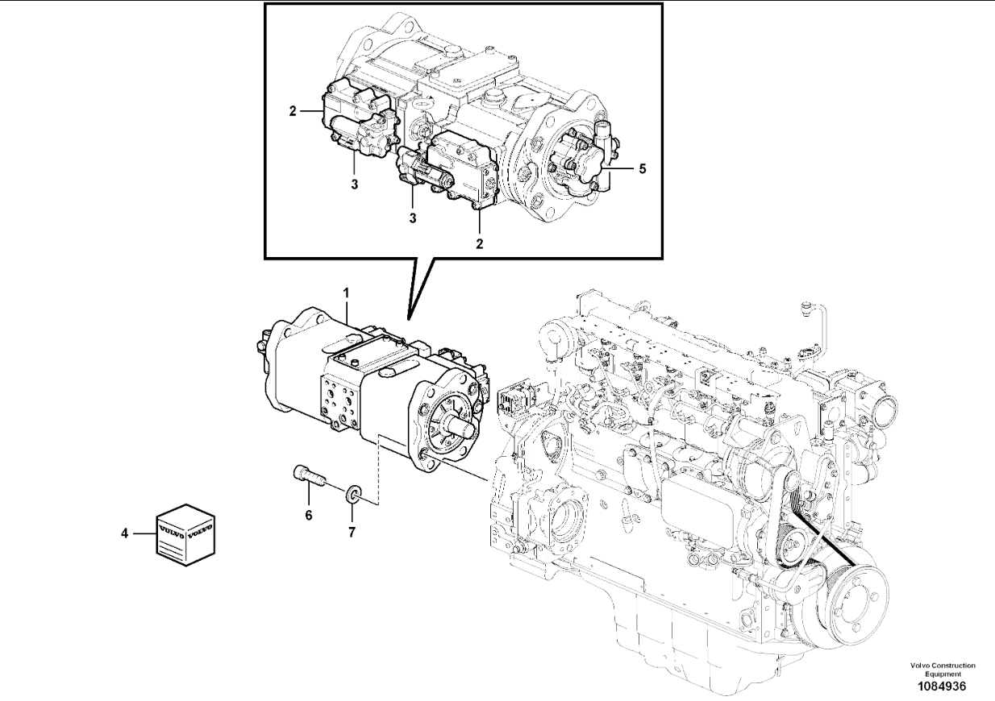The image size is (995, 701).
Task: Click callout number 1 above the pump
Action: [346, 293]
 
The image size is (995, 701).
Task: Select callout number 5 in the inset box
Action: [643, 168]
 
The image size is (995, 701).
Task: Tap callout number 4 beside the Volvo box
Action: [124, 533]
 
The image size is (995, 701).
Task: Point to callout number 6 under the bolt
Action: [308, 516]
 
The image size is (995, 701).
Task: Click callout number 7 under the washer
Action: [352, 533]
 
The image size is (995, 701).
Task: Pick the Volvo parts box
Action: [185, 535]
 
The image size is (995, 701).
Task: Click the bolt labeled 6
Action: [309, 474]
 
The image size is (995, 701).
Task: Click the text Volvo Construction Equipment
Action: [943, 669]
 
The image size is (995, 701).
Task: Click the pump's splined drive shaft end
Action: [464, 429]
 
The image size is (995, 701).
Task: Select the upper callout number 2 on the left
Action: [292, 111]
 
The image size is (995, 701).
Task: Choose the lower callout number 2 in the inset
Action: [479, 243]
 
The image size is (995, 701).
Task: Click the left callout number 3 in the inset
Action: [354, 185]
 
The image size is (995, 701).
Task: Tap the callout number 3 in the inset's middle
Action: [413, 218]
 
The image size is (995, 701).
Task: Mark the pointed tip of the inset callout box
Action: [408, 320]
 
